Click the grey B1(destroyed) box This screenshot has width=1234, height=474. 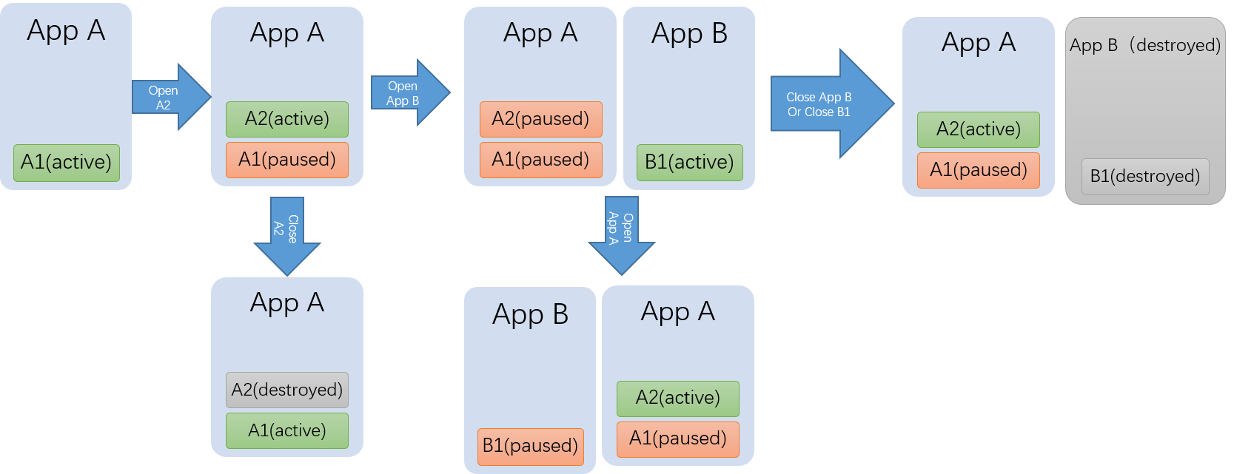1144,177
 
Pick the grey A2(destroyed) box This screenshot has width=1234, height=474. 287,390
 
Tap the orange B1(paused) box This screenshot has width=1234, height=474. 530,446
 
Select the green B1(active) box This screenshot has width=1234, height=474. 689,163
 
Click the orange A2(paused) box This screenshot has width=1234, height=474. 540,119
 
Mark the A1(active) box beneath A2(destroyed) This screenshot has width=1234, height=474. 287,430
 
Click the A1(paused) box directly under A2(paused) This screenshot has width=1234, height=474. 540,160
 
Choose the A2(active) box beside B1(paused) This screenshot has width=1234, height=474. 678,398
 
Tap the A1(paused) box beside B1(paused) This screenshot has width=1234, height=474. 678,439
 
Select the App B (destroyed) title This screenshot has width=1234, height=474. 1144,46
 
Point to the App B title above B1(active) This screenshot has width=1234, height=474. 689,34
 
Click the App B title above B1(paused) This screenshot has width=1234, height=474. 530,315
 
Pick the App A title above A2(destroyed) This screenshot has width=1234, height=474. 287,303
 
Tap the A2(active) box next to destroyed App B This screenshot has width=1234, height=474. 979,129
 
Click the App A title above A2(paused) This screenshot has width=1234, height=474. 540,33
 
